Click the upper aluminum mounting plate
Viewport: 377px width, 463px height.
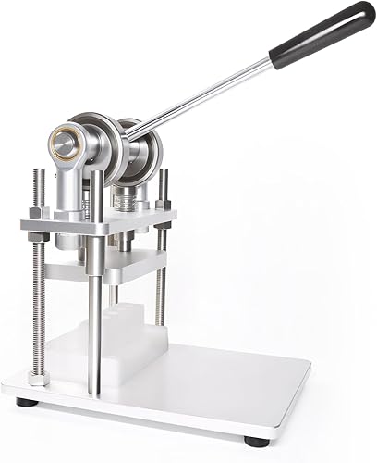[x=102, y=223]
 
